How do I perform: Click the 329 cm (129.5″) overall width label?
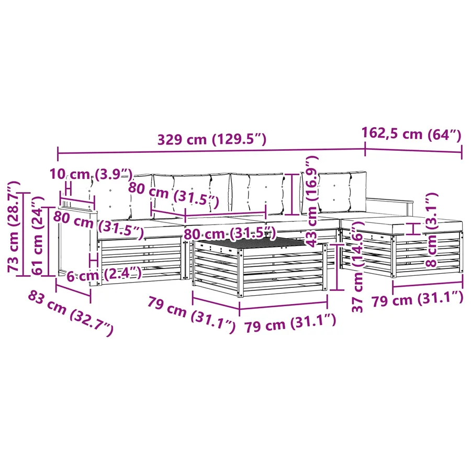point(212,140)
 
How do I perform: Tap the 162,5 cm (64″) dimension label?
point(411,134)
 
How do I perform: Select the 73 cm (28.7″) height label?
point(14,227)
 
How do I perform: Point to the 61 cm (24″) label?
point(38,236)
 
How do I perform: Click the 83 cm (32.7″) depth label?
point(71,313)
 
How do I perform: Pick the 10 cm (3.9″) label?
point(91,174)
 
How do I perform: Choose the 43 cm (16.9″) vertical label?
point(311,201)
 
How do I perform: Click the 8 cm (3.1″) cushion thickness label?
point(432,230)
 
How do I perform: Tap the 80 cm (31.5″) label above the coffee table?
point(230,233)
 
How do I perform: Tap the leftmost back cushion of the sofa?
point(112,197)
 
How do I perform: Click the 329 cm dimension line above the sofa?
point(211,151)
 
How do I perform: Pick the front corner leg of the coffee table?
point(240,273)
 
